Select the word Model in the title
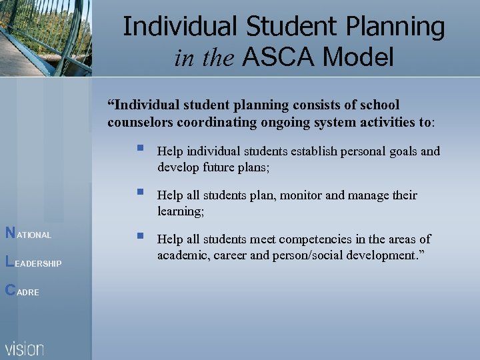click(x=358, y=58)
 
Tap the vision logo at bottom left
click(x=25, y=349)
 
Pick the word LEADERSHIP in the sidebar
click(x=37, y=264)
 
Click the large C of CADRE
click(x=9, y=290)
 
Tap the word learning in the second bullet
click(x=179, y=211)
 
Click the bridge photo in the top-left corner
click(x=45, y=37)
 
